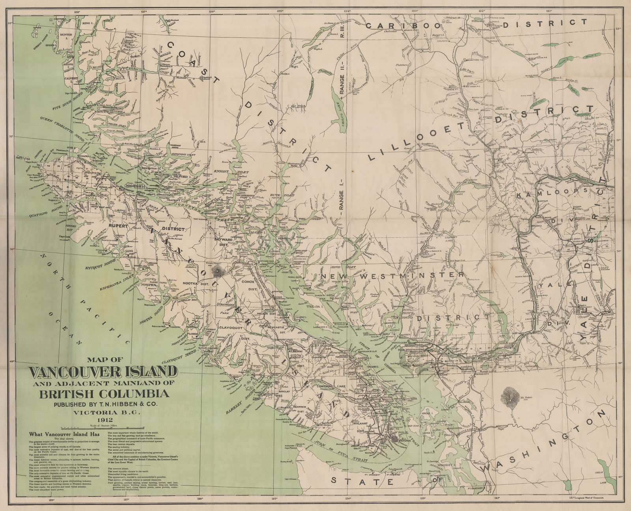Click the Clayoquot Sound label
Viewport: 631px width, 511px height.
(x=178, y=360)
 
